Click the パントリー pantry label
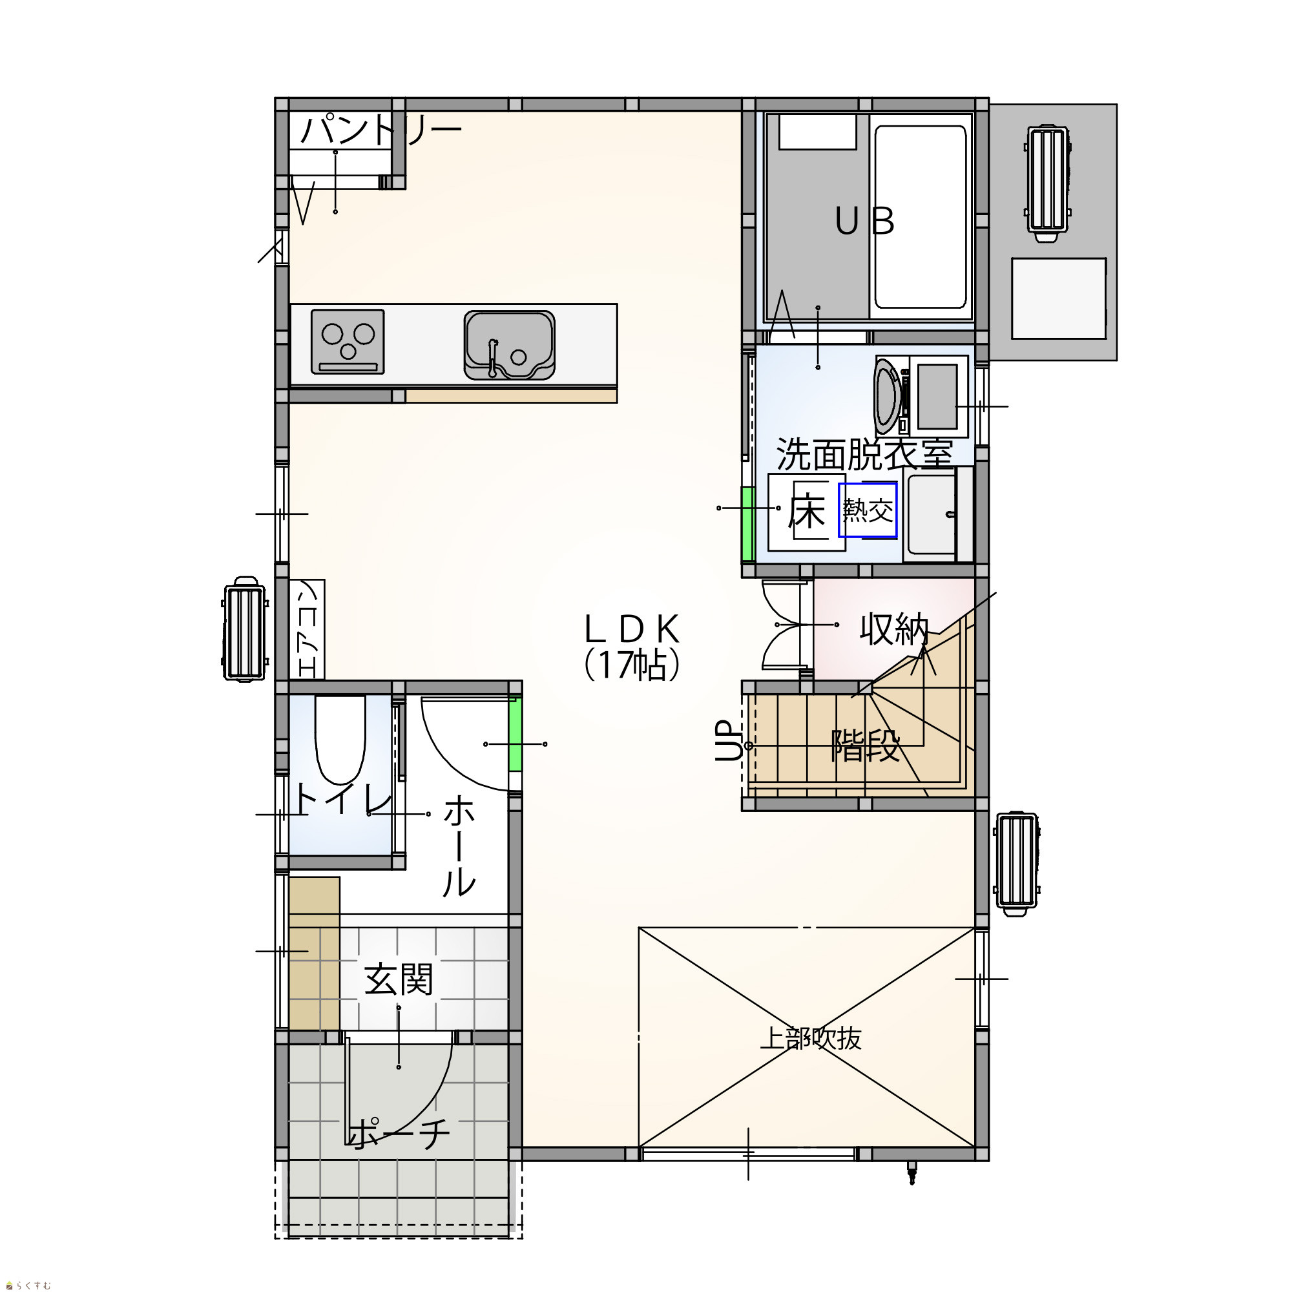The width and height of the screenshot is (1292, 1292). point(380,130)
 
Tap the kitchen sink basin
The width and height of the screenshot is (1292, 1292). point(510,345)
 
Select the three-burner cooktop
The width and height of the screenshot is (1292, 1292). point(347,341)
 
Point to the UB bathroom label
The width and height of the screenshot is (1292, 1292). point(865,221)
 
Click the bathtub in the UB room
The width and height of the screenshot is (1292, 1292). point(921,216)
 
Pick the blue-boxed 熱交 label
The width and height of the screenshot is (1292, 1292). point(868,510)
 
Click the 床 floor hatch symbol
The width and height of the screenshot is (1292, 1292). point(806,512)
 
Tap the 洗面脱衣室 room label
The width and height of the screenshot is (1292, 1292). point(864,454)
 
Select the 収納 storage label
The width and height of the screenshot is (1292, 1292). point(894,629)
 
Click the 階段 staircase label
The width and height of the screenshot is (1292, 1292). point(866,745)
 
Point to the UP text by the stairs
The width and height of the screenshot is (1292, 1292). point(729,741)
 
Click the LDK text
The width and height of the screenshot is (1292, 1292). point(632,629)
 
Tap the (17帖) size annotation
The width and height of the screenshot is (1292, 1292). point(632,665)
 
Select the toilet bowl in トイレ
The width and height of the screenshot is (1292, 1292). point(340,740)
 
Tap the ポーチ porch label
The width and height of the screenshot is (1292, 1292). point(399,1134)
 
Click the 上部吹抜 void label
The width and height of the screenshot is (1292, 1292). point(810,1039)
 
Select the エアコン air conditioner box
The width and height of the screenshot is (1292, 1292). point(307,629)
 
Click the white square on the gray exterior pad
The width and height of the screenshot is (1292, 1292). point(1059,298)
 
